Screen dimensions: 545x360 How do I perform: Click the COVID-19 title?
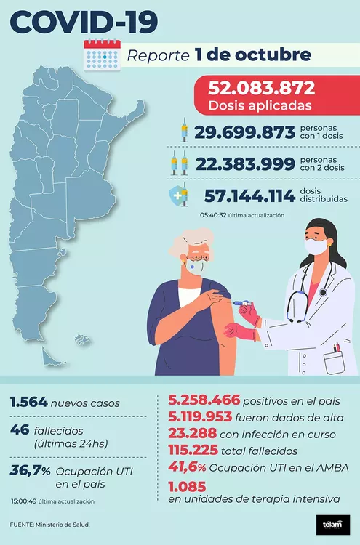click(84, 21)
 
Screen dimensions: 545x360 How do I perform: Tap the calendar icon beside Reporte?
click(101, 54)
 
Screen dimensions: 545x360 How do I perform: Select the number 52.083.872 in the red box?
click(261, 89)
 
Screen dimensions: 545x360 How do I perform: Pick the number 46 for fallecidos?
click(20, 430)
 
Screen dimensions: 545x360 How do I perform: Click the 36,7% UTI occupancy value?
click(31, 471)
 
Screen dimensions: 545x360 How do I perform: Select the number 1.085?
click(187, 485)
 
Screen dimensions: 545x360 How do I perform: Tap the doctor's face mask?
click(316, 247)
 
